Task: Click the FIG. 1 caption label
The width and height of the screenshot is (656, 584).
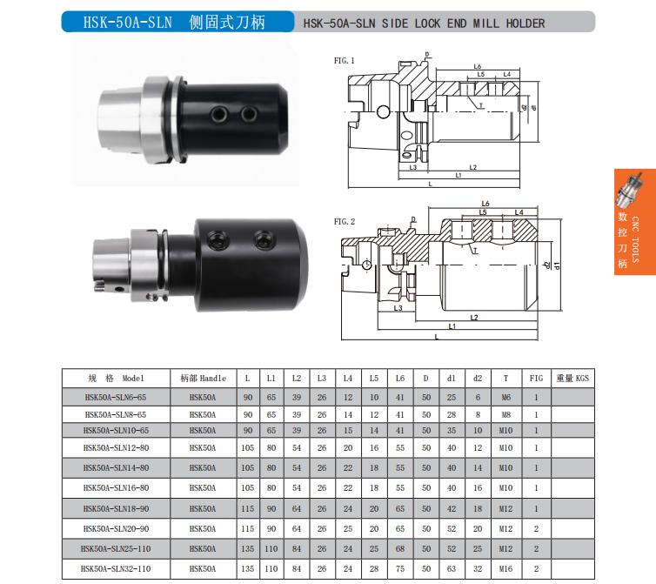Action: (344, 61)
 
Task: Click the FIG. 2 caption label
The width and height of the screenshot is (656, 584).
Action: (345, 221)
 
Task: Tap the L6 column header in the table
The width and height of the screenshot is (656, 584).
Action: (400, 379)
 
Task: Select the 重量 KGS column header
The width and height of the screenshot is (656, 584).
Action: (572, 379)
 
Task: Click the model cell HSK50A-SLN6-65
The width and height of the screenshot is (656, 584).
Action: (116, 397)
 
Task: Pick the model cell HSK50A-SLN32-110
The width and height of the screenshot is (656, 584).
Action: (116, 569)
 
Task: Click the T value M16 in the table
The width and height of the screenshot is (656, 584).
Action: (505, 569)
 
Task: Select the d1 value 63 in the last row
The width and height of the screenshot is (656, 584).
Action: (452, 569)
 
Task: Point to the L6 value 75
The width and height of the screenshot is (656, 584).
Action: (400, 569)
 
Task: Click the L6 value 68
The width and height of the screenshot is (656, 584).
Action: (400, 549)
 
